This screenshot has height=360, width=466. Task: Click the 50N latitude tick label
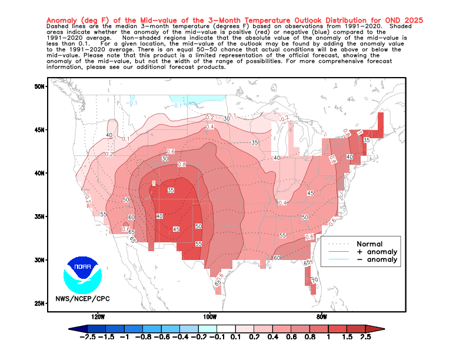tap(40, 86)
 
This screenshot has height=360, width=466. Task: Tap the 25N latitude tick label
tap(40, 303)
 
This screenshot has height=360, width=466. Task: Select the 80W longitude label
tap(321, 316)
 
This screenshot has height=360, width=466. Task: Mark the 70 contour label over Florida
tap(315, 280)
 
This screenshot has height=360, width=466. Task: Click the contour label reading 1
tap(154, 184)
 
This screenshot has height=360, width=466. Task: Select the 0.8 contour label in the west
tap(181, 165)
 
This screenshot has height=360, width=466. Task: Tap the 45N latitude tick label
tap(40, 129)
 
